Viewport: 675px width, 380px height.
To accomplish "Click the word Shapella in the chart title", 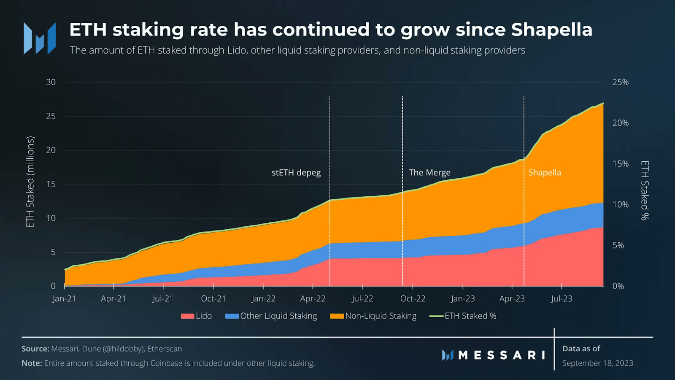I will click(551, 30).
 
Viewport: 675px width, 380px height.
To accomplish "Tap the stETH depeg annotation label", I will click(296, 173).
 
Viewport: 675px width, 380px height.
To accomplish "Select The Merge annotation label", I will click(429, 173).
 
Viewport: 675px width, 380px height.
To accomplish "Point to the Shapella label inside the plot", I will click(545, 173).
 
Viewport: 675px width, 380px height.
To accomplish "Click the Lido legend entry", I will click(197, 316).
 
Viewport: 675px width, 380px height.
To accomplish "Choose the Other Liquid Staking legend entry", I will click(271, 316).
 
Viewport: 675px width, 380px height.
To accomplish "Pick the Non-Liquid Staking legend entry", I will click(373, 316).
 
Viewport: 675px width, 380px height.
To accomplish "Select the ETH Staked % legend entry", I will click(463, 316).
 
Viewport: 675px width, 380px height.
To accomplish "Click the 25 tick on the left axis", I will click(51, 116).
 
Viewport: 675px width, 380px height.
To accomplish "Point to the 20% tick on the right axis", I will click(620, 123).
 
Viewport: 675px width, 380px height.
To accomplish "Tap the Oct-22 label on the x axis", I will click(413, 299).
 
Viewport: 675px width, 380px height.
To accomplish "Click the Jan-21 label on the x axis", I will click(64, 299).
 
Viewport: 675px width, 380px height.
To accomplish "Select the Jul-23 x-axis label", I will click(562, 299).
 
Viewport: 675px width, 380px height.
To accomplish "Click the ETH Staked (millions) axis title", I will click(30, 182).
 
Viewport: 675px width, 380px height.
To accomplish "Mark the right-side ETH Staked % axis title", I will click(645, 190).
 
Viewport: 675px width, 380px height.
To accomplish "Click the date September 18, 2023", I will click(597, 363).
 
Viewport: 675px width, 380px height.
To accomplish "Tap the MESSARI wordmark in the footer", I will click(502, 355).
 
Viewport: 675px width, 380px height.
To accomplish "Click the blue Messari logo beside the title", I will click(40, 39).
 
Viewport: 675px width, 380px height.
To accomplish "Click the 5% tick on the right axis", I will click(618, 245).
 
